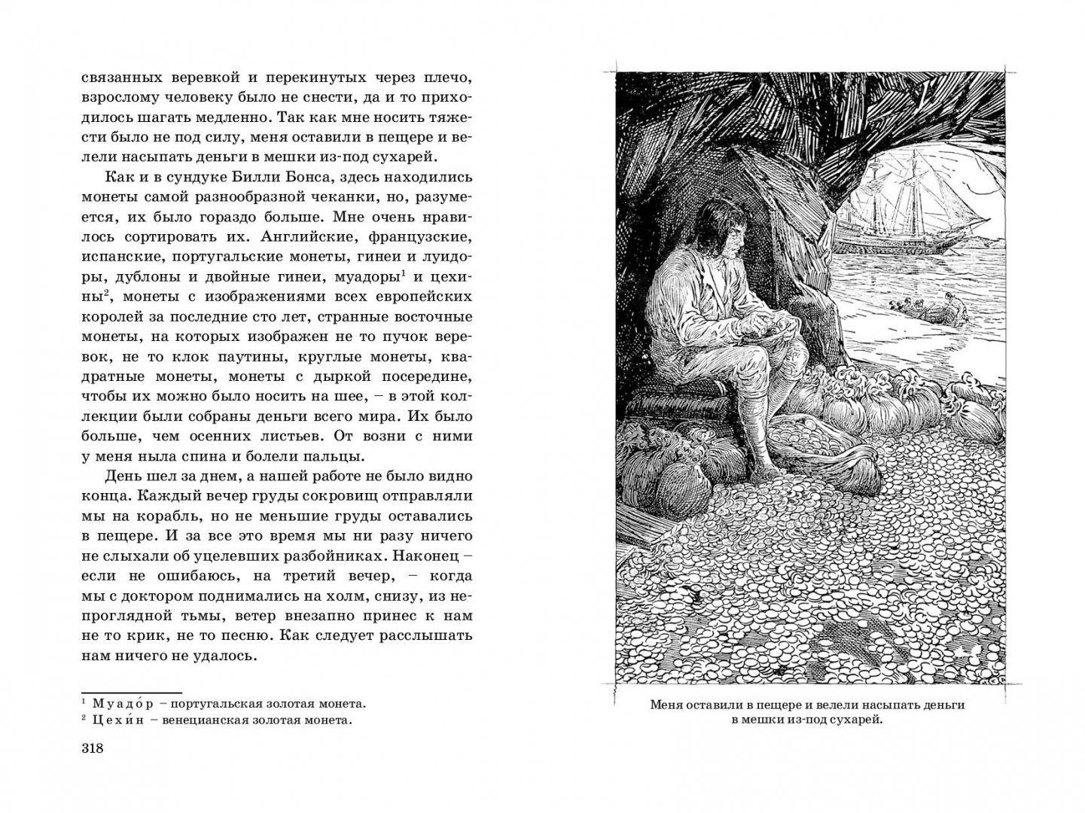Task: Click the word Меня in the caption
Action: point(667,705)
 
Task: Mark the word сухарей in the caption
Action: point(852,720)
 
